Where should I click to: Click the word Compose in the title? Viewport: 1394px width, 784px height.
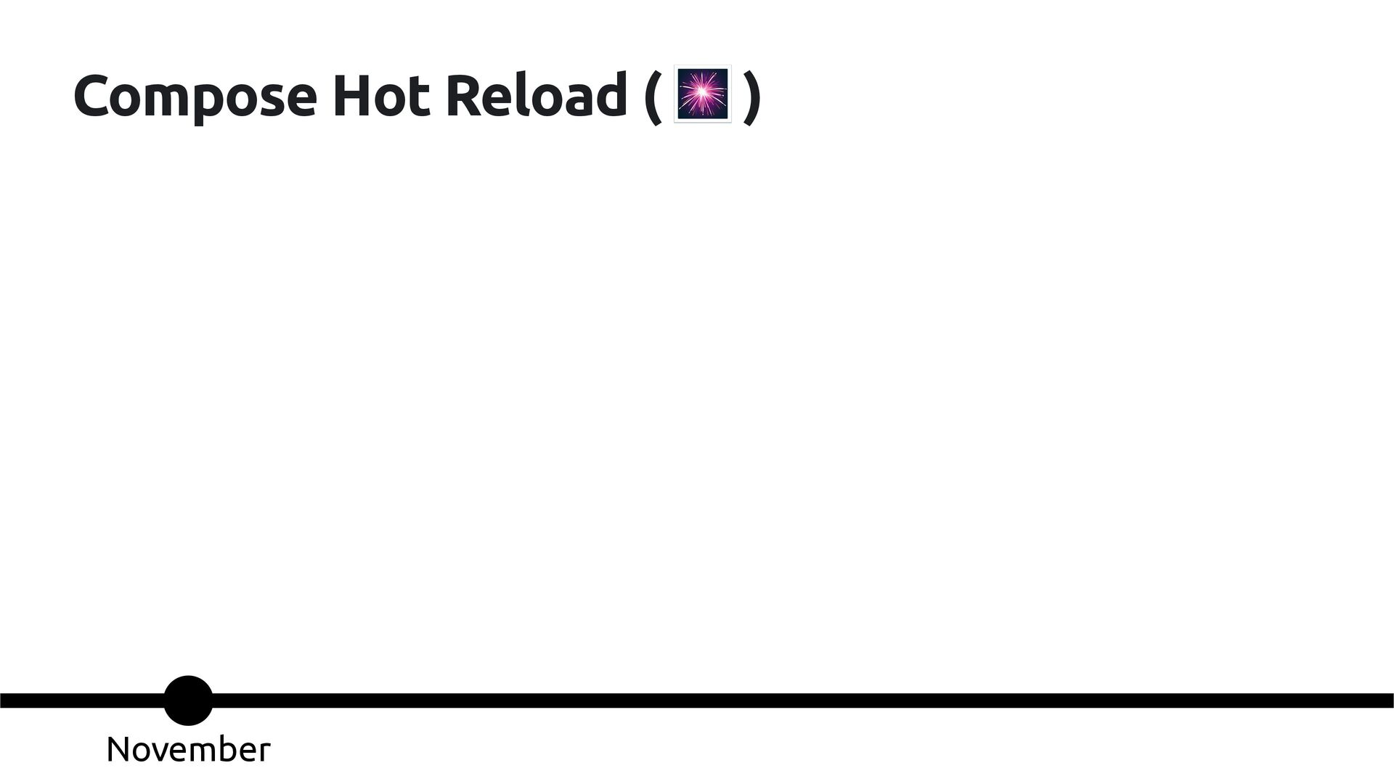coord(195,96)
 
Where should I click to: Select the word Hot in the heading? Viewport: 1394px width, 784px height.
coord(380,96)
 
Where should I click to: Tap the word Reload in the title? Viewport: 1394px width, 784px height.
coord(536,96)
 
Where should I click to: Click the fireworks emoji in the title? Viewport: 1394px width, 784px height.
coord(702,94)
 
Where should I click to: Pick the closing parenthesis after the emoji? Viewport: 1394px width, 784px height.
coord(752,97)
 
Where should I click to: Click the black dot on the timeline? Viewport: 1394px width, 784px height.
coord(188,701)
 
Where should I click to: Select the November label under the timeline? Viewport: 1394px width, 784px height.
coord(188,749)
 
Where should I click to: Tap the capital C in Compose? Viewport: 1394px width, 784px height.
coord(94,96)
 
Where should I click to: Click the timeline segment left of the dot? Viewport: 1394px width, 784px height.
coord(80,701)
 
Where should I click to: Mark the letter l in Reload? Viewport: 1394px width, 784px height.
coord(526,94)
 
